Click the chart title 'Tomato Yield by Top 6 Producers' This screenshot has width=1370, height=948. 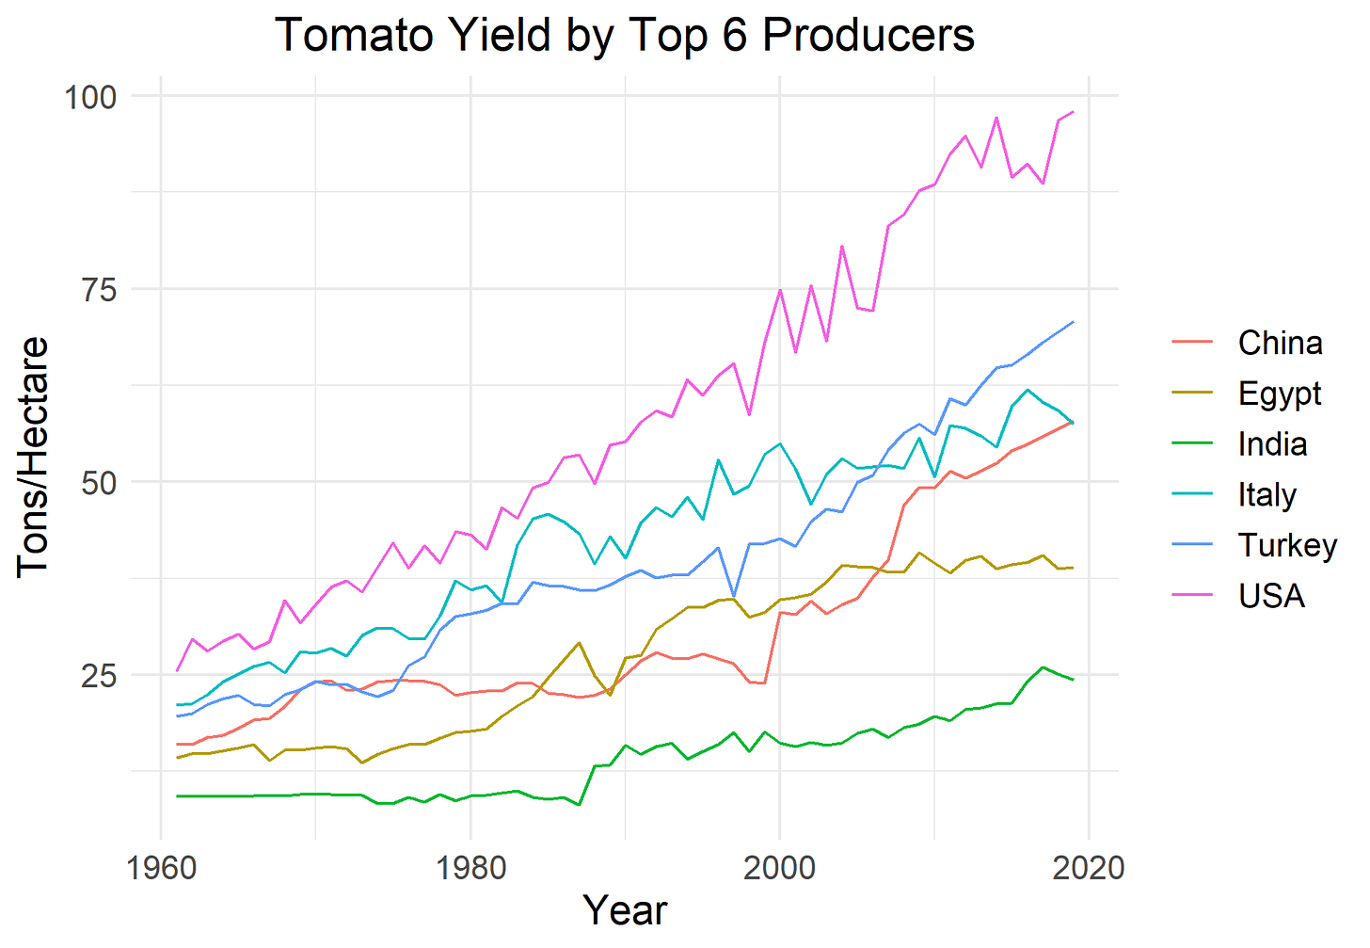click(625, 36)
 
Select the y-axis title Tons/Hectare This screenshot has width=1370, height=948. click(32, 456)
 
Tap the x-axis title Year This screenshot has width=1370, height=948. click(625, 909)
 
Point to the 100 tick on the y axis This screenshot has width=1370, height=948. click(90, 96)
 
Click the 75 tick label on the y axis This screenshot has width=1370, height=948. click(97, 289)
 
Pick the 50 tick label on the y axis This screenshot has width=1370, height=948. click(97, 482)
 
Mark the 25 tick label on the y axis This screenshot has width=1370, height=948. click(97, 675)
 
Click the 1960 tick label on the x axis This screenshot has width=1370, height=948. click(161, 866)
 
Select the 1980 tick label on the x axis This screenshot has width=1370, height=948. click(470, 866)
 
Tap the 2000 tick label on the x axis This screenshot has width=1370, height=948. click(779, 866)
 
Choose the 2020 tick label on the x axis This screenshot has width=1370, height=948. click(1089, 866)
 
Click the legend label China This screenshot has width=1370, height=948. click(1280, 343)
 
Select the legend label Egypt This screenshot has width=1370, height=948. click(1280, 394)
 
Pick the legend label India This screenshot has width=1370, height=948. click(1272, 444)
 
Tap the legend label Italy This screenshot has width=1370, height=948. click(1267, 495)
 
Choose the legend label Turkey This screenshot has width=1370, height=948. click(1287, 546)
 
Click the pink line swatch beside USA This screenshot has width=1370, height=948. click(1195, 596)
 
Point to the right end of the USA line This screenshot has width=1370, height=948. click(1073, 112)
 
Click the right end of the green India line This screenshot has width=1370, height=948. click(1073, 680)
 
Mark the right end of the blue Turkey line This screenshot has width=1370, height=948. click(1073, 322)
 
